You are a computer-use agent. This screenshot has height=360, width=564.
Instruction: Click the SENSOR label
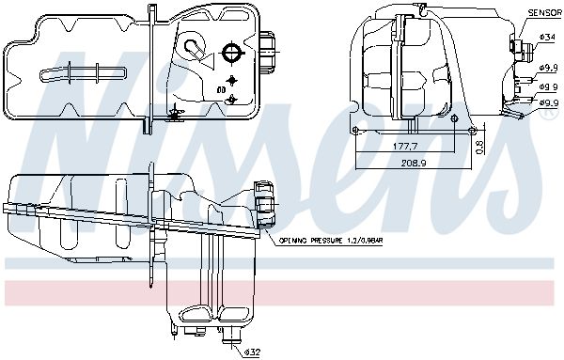[x=544, y=12]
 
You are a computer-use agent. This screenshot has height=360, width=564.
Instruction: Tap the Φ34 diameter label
[x=548, y=37]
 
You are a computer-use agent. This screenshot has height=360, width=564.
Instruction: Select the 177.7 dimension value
[x=404, y=147]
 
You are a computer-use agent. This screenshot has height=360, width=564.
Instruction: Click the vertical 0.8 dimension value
[x=480, y=148]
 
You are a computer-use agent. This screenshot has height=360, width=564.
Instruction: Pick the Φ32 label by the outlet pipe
[x=252, y=352]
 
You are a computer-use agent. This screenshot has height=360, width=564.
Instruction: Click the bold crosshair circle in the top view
[x=233, y=54]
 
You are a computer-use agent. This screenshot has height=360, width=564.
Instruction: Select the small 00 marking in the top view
[x=221, y=89]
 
